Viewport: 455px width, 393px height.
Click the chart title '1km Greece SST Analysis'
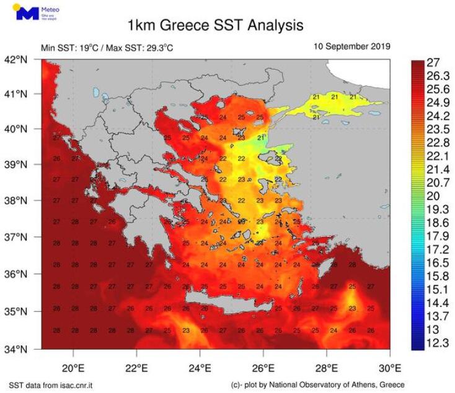(x=215, y=25)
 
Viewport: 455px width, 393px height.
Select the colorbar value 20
(x=434, y=194)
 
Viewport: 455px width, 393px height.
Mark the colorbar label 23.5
(x=438, y=129)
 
